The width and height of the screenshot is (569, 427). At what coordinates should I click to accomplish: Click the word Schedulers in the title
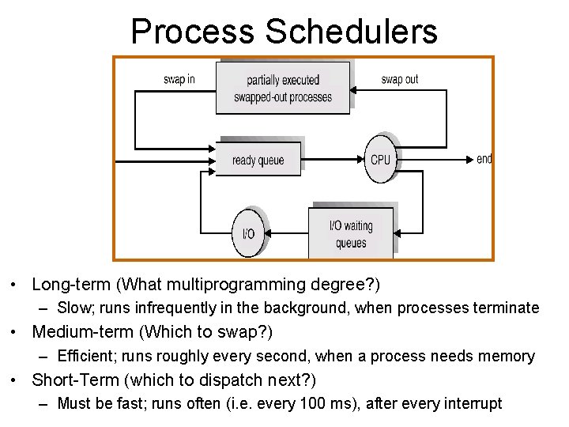352,32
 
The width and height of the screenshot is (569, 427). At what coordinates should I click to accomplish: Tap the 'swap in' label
179,79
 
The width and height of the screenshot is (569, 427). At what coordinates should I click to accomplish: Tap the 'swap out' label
399,79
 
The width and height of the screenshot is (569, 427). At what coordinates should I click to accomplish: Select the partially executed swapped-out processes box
283,88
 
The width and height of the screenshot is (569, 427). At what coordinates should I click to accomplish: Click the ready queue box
258,160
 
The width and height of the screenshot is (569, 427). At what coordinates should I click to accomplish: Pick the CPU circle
380,159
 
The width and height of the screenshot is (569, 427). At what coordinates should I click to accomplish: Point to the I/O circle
248,233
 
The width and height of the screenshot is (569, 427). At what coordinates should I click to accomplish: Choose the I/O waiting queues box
351,233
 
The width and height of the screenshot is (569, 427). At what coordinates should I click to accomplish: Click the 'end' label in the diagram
484,159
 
